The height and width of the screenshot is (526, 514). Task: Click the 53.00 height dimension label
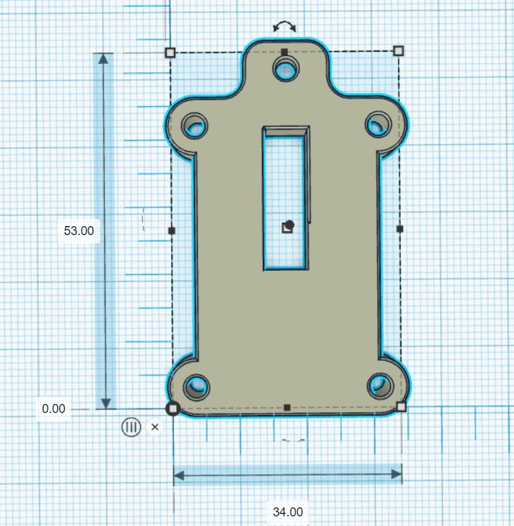coord(79,231)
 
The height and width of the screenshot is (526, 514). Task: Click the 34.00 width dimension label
coord(287,512)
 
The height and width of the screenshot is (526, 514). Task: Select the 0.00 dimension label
coord(53,408)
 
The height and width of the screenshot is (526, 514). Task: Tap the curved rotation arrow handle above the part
coord(284,27)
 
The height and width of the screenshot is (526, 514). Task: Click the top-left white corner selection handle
coord(170,52)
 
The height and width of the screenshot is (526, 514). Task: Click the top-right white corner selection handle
coord(398,50)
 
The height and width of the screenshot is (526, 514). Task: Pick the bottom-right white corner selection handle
coord(402,407)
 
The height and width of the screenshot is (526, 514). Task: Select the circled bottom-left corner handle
coord(172,409)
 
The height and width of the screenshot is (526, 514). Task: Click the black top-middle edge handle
coord(284,52)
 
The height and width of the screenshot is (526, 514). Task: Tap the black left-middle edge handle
coord(172,230)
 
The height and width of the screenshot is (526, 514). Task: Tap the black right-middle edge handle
coord(400,228)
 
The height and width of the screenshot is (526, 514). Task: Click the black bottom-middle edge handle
coord(287,408)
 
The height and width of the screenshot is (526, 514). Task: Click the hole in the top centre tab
coord(285,68)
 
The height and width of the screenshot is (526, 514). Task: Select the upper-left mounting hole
coord(195,126)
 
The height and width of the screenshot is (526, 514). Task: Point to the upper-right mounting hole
coord(377,124)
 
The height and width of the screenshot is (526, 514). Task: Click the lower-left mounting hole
coord(197,386)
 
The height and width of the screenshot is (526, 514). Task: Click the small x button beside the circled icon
coord(155,427)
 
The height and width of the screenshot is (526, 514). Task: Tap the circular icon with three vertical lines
coord(131,427)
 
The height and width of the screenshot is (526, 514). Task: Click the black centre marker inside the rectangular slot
coord(288,226)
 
